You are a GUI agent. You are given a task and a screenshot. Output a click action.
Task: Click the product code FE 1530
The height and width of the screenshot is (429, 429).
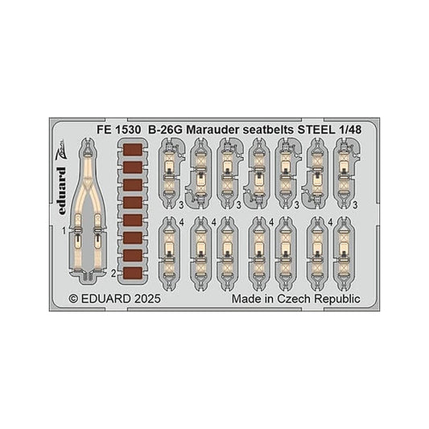119,130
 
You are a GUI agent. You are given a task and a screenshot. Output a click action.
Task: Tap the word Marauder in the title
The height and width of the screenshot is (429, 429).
212,130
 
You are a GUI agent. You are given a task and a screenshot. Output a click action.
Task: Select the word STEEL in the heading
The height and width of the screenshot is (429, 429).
316,130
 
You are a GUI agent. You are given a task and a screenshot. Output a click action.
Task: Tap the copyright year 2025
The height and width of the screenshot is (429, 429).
147,299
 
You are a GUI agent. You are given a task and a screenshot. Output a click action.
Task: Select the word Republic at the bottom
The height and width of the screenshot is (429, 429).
336,299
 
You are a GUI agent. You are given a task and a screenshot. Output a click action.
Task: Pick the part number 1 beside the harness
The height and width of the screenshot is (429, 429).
64,232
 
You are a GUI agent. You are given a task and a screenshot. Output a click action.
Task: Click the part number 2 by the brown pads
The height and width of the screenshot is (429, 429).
113,273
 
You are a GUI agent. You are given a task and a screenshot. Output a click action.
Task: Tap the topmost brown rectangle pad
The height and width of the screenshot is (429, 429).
133,150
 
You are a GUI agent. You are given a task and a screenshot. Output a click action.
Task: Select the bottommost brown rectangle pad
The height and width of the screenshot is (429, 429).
133,273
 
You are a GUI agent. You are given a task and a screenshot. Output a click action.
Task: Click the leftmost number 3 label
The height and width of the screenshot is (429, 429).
181,205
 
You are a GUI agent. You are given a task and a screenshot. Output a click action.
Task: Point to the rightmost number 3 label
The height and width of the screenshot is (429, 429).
355,204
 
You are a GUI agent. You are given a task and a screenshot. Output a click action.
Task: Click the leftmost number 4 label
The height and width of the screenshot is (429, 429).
181,222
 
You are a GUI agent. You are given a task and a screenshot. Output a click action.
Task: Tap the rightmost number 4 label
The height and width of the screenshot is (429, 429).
331,222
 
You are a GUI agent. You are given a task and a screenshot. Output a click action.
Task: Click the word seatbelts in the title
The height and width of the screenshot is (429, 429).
268,130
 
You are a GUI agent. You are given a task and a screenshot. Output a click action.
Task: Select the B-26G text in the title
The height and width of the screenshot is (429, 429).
165,130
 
